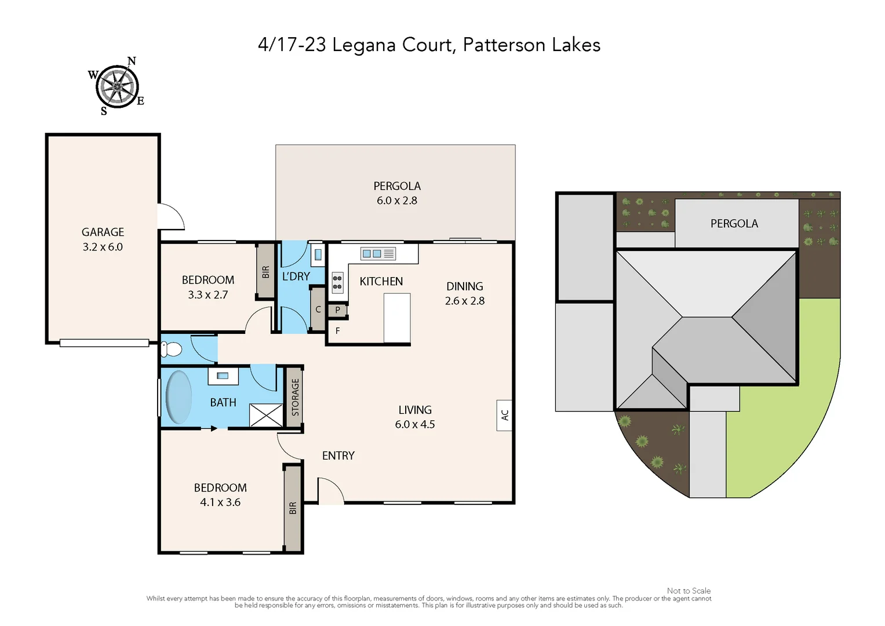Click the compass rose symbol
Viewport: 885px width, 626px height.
pyautogui.click(x=117, y=87)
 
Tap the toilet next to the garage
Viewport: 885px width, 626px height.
pyautogui.click(x=171, y=350)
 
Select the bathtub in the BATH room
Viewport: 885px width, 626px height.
pyautogui.click(x=179, y=398)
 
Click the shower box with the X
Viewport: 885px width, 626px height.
pyautogui.click(x=265, y=415)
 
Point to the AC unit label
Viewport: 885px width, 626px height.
pyautogui.click(x=504, y=415)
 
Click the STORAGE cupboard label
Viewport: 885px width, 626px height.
pyautogui.click(x=295, y=398)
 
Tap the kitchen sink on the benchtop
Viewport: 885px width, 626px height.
pyautogui.click(x=378, y=254)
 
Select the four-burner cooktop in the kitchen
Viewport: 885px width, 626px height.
pyautogui.click(x=337, y=283)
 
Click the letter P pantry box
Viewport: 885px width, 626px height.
pyautogui.click(x=337, y=310)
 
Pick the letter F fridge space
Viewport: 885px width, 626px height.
pyautogui.click(x=337, y=331)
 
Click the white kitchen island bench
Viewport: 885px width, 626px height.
pyautogui.click(x=397, y=318)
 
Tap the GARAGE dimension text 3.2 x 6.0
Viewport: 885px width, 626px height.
pyautogui.click(x=103, y=247)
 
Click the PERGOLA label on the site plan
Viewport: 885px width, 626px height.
pyautogui.click(x=734, y=224)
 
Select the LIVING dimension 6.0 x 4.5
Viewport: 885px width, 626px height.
pyautogui.click(x=414, y=424)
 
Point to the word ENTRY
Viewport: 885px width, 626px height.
pyautogui.click(x=338, y=456)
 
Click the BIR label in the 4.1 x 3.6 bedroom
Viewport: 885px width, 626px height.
pyautogui.click(x=293, y=508)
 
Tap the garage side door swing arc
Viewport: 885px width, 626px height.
pyautogui.click(x=172, y=217)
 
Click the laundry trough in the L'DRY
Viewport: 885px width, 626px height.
pyautogui.click(x=318, y=254)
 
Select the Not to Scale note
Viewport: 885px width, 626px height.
pyautogui.click(x=689, y=591)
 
